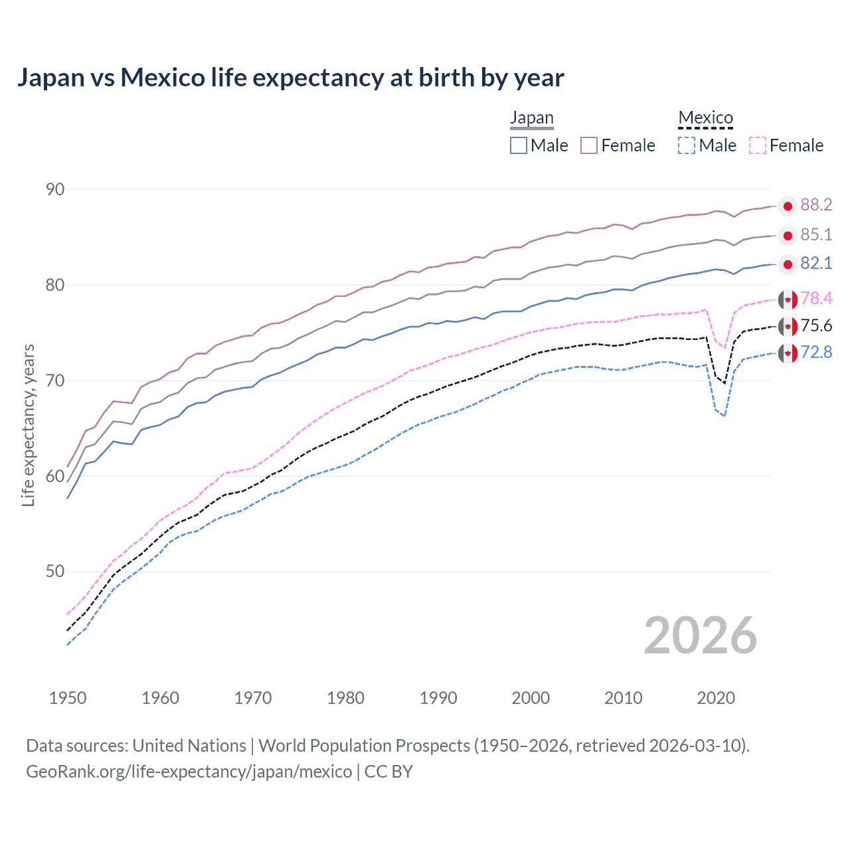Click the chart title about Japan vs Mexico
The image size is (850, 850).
pos(290,78)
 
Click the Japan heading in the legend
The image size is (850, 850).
pos(531,118)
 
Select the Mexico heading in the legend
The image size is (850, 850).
pos(705,118)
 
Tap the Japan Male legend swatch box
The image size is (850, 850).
pos(519,145)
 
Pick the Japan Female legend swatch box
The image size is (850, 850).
pos(589,145)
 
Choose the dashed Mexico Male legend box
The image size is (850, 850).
pos(687,145)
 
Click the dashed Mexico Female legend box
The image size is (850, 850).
pos(758,145)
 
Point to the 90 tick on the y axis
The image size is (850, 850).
pos(55,189)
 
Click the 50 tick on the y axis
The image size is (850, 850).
pos(55,572)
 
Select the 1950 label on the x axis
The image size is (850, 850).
pos(68,698)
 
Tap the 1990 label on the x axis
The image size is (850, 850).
pos(438,698)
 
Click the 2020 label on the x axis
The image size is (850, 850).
pos(716,698)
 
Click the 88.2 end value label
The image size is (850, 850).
pos(816,205)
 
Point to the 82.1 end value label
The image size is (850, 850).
pos(816,264)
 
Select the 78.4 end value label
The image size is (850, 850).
pos(816,299)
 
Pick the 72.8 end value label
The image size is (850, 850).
pos(816,353)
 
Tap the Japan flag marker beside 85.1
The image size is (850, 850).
pos(788,236)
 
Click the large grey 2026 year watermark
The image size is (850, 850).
pos(700,636)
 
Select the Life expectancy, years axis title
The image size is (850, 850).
pos(29,425)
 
